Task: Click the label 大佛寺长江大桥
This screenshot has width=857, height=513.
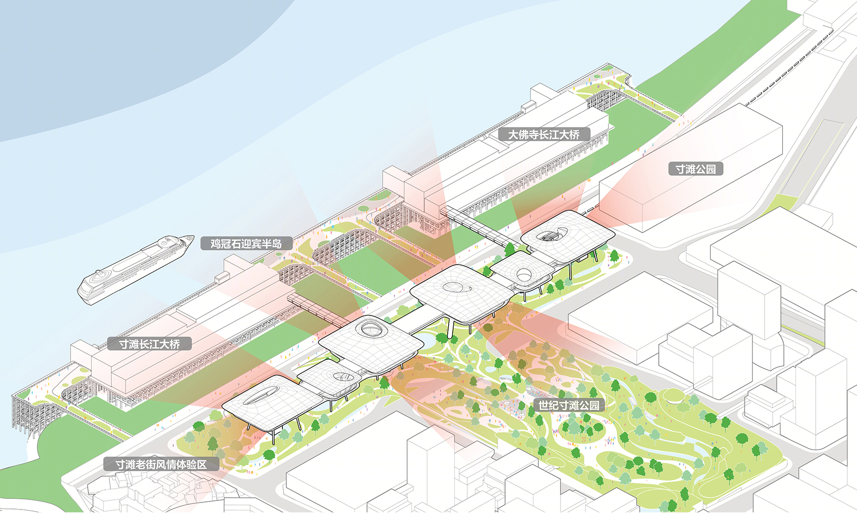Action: tap(543, 134)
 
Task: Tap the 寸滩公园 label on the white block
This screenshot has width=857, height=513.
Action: tap(696, 169)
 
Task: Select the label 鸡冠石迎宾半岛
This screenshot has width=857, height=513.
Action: tap(246, 243)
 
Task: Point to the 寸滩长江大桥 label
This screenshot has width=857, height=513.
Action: tap(149, 344)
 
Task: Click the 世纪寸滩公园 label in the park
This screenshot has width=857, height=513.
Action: tap(569, 405)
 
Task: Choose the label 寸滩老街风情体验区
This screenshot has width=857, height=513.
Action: tap(161, 464)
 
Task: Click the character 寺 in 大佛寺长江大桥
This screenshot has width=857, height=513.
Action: tap(533, 134)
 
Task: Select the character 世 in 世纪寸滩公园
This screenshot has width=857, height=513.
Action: tap(543, 405)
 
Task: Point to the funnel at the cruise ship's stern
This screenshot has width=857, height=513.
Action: tap(101, 274)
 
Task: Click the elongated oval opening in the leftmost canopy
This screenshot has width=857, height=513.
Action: tap(261, 395)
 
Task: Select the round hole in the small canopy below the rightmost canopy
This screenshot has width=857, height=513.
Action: tap(523, 274)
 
